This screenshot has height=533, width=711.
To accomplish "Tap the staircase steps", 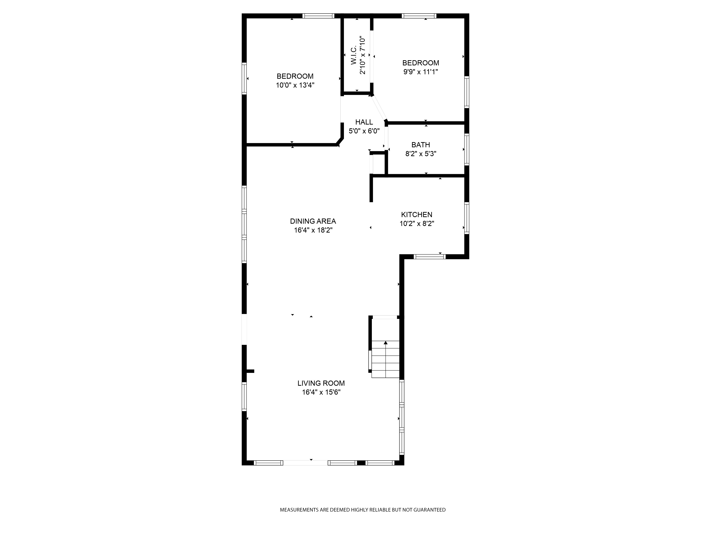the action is pos(385,359).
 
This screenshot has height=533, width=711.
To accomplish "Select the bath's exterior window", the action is pos(467,149).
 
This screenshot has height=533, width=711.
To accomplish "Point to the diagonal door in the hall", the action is pos(379,108).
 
